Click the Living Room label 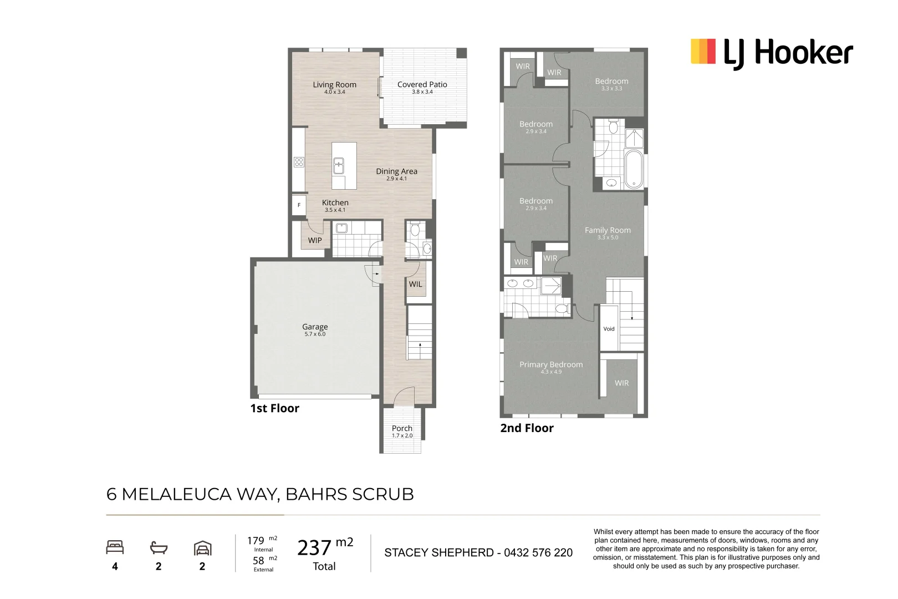tap(334, 85)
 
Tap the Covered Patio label tap(422, 85)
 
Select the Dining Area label tap(396, 171)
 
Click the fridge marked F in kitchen tap(299, 205)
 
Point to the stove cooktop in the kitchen tap(299, 162)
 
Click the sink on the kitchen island tap(338, 165)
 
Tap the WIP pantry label tap(315, 240)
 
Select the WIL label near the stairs tap(415, 284)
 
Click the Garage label tap(315, 327)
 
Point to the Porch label tap(402, 428)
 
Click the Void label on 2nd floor tap(609, 329)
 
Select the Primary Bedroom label tap(551, 364)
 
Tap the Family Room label tap(608, 230)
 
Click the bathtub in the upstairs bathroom tap(633, 169)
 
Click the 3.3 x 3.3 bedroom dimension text tap(611, 89)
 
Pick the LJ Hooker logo tap(771, 53)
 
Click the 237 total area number tap(314, 548)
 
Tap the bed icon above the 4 tap(115, 548)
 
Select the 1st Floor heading tap(274, 409)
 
